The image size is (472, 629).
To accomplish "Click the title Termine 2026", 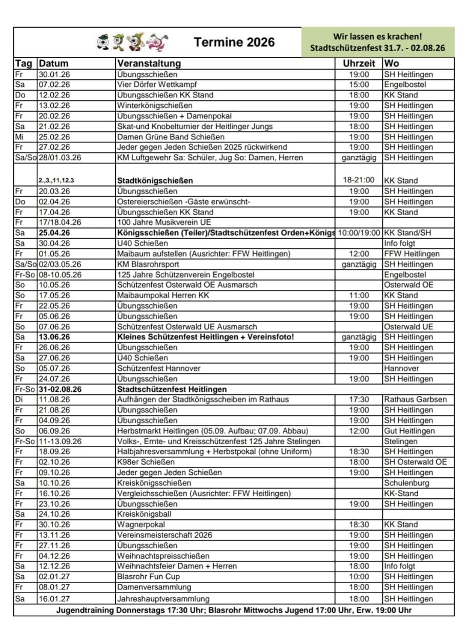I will [x=234, y=43].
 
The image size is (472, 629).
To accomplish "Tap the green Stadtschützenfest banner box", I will [x=377, y=43].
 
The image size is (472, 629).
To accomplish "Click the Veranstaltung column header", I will [x=149, y=64].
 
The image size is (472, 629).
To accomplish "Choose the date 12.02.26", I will [x=54, y=95].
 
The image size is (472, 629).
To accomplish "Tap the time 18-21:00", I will [x=358, y=180].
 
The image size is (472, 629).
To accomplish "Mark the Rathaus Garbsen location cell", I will [x=415, y=400].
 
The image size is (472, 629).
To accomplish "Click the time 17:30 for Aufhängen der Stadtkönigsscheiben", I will [x=358, y=400].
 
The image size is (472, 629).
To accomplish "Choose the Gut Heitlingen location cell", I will [x=409, y=431].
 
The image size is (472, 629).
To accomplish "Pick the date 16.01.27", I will [x=54, y=599].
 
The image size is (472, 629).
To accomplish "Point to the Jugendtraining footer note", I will [x=234, y=611].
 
